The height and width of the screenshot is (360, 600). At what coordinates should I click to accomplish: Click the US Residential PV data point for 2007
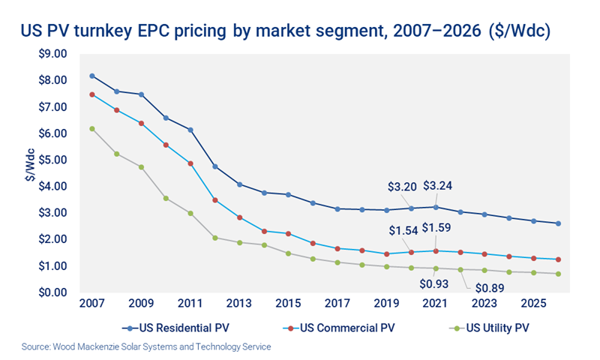[92, 76]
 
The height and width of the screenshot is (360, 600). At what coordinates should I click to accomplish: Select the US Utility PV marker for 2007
[92, 128]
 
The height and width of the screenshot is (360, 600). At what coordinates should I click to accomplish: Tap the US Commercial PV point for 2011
[190, 163]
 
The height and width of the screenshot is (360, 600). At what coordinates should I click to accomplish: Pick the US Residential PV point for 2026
[559, 223]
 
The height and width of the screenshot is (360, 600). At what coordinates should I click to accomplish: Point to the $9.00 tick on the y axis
[53, 54]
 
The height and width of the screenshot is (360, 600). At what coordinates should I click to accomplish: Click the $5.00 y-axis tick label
[53, 160]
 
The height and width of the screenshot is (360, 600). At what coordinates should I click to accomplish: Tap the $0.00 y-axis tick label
[53, 292]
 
